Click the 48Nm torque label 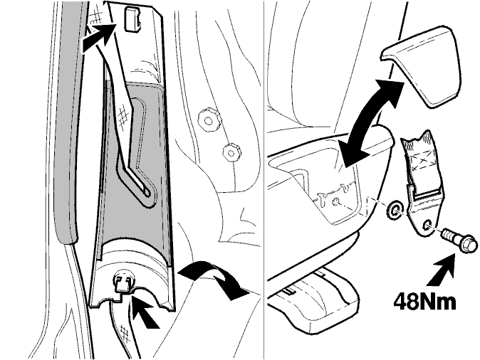424,302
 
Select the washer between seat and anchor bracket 395,210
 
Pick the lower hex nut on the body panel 231,151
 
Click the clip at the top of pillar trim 132,19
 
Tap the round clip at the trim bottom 124,282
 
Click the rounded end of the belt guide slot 147,193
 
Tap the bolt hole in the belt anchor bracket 427,225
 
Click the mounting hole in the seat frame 336,202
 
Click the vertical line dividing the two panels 264,180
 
